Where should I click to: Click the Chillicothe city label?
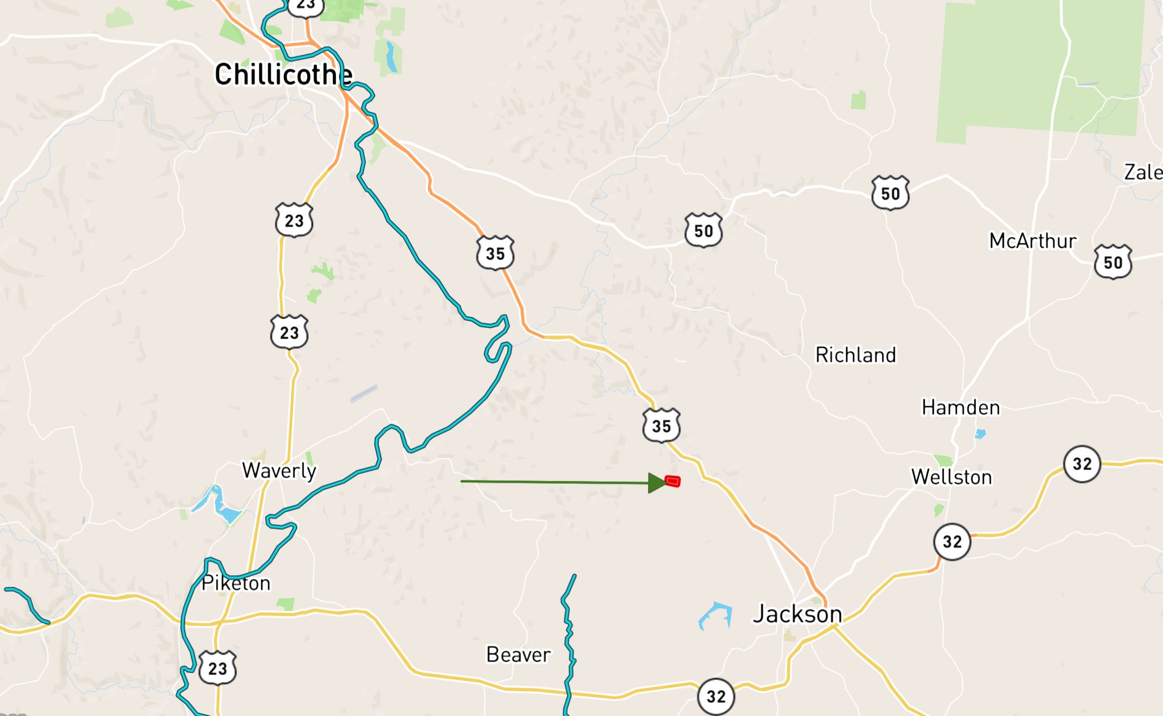(283, 75)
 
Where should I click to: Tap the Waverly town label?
(279, 471)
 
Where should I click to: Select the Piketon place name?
(236, 583)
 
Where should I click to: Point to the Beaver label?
(518, 655)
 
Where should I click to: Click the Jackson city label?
(797, 614)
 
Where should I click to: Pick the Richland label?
(855, 355)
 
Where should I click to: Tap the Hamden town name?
(961, 408)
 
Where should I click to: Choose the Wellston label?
(951, 477)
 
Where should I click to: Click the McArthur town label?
(1032, 241)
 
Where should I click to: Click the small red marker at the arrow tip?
(672, 481)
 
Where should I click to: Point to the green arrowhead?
(657, 483)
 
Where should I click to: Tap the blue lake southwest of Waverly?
(222, 506)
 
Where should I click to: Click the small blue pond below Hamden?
(980, 434)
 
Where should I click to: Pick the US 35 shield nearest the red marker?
(661, 425)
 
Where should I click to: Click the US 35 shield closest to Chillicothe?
(495, 253)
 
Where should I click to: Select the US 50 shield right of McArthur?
(1113, 262)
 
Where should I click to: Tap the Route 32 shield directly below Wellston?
(952, 542)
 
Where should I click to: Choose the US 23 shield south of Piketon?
(218, 668)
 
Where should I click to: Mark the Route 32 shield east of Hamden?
(1082, 463)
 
